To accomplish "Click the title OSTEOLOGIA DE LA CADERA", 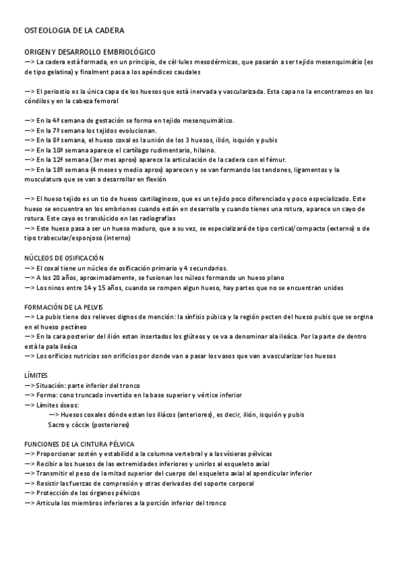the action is coord(74,31).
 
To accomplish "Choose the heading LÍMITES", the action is coord(35,376).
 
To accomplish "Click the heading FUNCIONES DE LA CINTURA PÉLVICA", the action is coord(79,444).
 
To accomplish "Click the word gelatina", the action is coord(57,72).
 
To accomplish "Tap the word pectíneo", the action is coord(79,326).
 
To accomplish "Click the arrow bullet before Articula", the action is coord(29,503).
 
